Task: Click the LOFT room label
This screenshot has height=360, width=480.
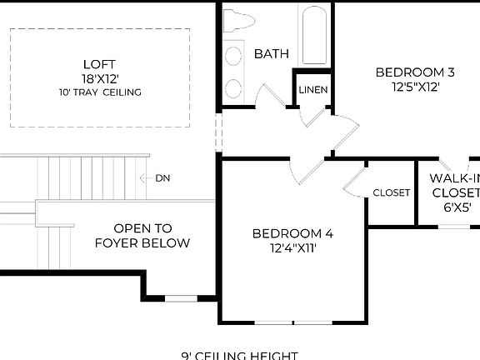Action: (100, 64)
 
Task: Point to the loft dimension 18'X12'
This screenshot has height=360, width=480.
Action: (100, 78)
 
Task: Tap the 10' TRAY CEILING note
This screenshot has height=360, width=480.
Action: (100, 92)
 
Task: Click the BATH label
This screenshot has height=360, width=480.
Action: (271, 54)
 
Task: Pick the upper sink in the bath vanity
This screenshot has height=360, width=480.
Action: (232, 53)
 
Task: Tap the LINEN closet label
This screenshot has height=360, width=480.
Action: (312, 90)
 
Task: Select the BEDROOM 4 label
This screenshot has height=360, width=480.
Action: (286, 232)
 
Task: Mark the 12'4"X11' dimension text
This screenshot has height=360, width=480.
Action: (286, 247)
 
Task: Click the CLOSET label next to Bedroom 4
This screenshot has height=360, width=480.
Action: (391, 192)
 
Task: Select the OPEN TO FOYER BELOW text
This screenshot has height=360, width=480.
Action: (142, 235)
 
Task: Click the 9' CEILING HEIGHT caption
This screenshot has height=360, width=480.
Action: (239, 355)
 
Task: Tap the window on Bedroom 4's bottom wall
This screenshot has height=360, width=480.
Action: (293, 322)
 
